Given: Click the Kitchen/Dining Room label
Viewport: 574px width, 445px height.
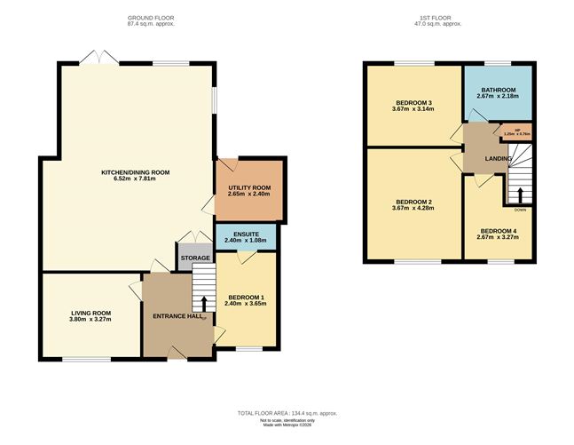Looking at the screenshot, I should coord(135,171).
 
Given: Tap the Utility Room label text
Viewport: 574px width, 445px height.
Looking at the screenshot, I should coord(249,187).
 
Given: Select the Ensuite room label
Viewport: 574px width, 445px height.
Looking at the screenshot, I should coord(246,234).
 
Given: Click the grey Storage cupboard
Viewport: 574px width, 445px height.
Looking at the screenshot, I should coord(195,258).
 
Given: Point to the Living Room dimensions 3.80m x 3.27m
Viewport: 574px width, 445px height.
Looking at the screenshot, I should coord(90,319).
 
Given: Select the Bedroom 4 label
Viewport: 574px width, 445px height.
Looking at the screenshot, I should coord(497,230).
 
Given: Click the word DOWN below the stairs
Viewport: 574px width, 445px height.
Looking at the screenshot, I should coord(519,210).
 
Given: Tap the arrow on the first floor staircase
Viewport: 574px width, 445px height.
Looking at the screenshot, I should coord(519,193).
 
